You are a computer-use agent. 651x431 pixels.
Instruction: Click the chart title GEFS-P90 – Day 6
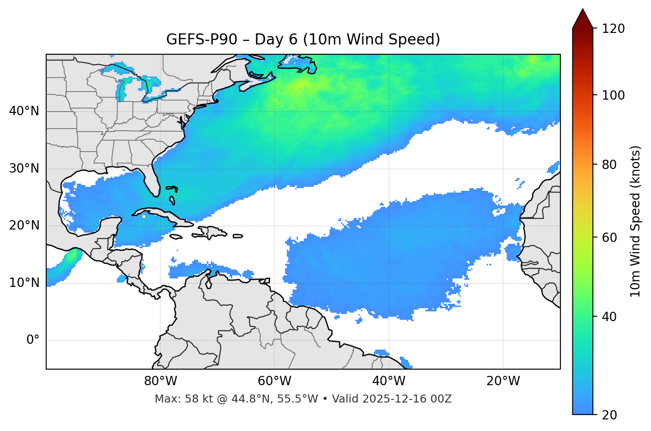303,40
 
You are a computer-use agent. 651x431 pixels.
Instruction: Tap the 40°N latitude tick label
24,111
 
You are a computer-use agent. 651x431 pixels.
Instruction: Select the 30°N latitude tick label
24,169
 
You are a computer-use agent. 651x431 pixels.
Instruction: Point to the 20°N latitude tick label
24,226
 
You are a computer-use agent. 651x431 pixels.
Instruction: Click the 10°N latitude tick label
24,283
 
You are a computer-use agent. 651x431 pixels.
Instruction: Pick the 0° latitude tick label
33,340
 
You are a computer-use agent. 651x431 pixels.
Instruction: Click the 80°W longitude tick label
160,381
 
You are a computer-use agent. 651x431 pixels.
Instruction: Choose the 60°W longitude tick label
274,381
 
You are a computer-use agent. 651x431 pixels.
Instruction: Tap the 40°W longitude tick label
389,381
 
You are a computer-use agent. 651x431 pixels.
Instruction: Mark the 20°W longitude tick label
503,381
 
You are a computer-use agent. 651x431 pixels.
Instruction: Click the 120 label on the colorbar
613,29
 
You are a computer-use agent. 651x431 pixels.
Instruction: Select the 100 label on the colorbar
613,95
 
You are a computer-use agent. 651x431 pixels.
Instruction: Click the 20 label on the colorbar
610,415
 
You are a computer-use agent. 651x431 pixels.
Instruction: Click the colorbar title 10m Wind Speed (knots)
635,221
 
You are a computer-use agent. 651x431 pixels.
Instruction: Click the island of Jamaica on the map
176,237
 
